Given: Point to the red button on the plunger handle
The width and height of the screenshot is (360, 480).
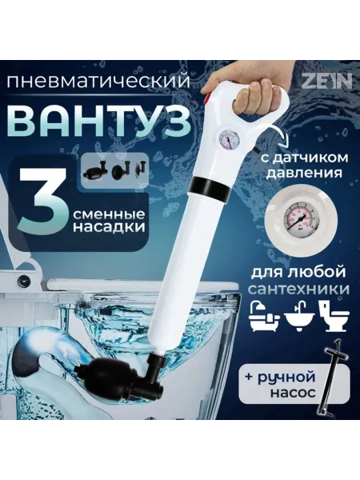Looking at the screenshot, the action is tap(207, 99).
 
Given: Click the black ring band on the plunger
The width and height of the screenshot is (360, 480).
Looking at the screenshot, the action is tap(210, 186).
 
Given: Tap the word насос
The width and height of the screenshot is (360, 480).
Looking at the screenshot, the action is tap(292, 392).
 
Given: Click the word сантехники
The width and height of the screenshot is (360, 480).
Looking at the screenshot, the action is tap(298, 289).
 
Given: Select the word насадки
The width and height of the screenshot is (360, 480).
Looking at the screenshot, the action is tap(109, 227).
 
